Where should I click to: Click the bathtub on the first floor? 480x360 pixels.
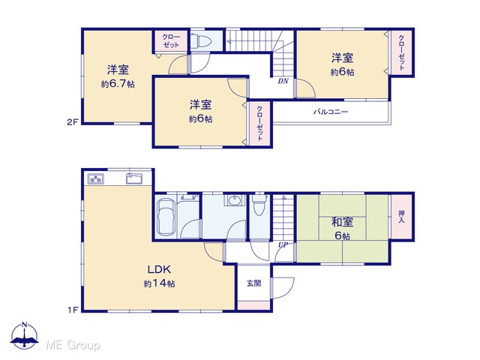(x=166, y=217)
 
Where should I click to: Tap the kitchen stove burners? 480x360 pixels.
(x=95, y=178)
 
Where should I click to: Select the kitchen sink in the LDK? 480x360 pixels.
(x=134, y=178)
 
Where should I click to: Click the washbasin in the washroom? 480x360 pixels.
(x=235, y=200)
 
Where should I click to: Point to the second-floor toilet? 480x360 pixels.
(x=200, y=40)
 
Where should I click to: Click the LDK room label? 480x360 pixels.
(x=159, y=269)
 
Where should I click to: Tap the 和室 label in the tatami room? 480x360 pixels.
(x=342, y=222)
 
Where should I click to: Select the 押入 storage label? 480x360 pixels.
(x=401, y=217)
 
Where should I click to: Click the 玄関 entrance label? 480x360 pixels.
(x=253, y=283)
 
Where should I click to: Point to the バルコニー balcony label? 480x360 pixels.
(x=331, y=112)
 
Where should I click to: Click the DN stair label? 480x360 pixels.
(x=283, y=81)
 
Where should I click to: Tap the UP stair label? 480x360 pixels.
(x=283, y=245)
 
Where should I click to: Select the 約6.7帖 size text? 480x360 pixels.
(x=118, y=84)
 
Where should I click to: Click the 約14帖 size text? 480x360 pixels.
(x=159, y=283)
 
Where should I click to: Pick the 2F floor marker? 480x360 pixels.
(x=73, y=122)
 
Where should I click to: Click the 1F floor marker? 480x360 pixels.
(x=73, y=310)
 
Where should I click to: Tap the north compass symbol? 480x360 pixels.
(x=25, y=336)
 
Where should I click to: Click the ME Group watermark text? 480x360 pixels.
(x=73, y=345)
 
